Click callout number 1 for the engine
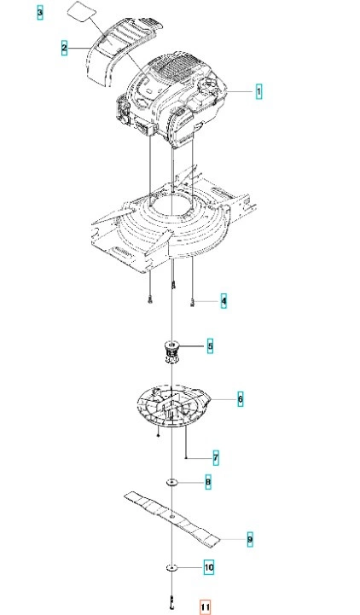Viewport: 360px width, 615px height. (x=258, y=91)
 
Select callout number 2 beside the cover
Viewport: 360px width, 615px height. (x=64, y=48)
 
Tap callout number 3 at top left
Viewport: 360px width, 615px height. (x=39, y=13)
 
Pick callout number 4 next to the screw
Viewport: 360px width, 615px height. (x=224, y=301)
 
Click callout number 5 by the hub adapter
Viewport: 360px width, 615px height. (x=210, y=346)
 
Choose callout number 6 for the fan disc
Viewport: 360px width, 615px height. (x=240, y=399)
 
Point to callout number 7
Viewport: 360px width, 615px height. (x=216, y=458)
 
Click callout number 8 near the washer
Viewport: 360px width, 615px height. (x=208, y=482)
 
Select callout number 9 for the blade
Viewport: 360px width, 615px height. (x=250, y=540)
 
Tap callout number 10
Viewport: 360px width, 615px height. (x=209, y=567)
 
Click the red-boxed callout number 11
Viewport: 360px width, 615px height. (x=205, y=607)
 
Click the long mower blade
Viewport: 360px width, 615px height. (x=171, y=518)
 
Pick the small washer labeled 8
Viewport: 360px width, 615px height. (x=171, y=482)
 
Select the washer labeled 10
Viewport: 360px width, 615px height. (x=171, y=567)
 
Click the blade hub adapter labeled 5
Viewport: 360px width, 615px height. (x=171, y=351)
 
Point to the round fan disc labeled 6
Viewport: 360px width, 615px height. (x=173, y=406)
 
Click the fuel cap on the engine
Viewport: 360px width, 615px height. (x=208, y=84)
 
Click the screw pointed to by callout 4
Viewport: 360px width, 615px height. (x=192, y=301)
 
